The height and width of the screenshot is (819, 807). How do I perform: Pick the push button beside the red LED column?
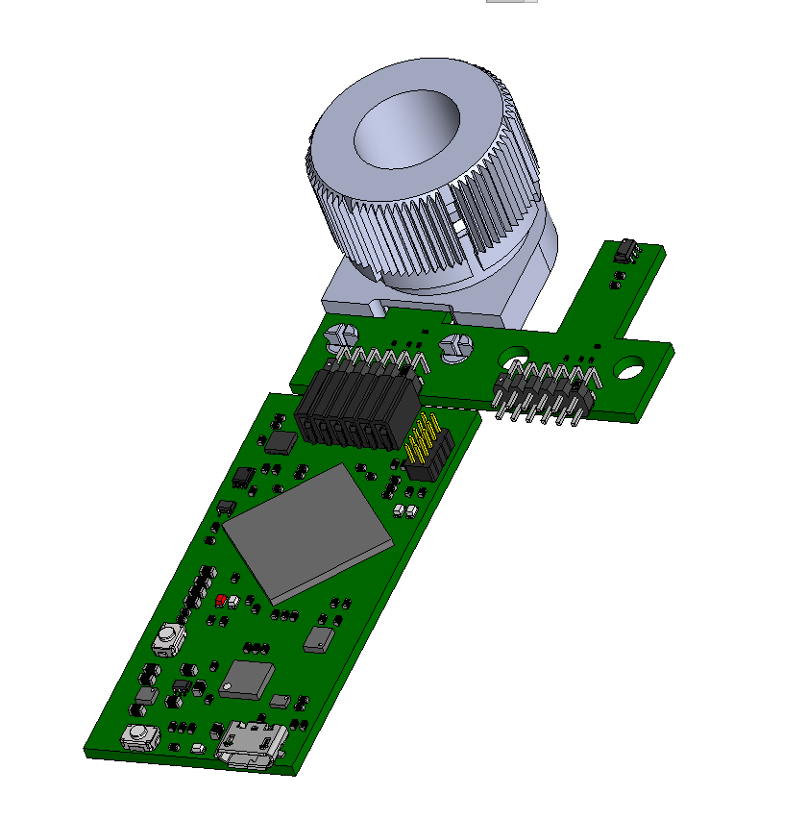click(169, 636)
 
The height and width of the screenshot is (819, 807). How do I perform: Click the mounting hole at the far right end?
click(630, 365)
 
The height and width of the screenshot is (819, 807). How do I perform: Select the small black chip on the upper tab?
click(626, 251)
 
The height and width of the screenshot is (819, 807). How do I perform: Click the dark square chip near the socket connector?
click(281, 441)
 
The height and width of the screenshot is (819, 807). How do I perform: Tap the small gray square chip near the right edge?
click(319, 639)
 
